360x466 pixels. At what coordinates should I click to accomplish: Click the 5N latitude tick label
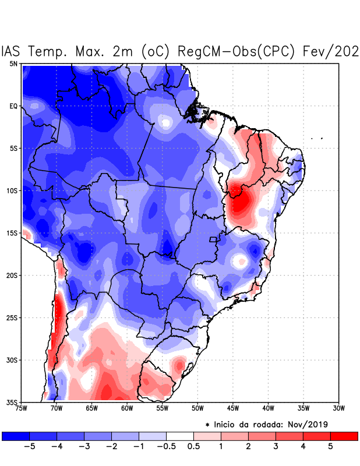(x=13, y=63)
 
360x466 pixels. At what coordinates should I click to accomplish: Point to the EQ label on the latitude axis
(x=13, y=106)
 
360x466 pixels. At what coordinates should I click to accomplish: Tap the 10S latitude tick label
(x=12, y=190)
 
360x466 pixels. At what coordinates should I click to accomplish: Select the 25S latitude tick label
(x=12, y=317)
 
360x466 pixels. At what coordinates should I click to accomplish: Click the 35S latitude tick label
(x=12, y=402)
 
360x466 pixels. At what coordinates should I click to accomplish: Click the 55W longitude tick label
(x=162, y=408)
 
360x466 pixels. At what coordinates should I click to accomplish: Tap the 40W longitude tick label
(x=268, y=408)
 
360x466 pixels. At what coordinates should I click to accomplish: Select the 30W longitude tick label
(x=338, y=408)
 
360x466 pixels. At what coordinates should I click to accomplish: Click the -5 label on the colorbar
(x=27, y=447)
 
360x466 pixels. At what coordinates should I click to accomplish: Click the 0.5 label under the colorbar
(x=193, y=447)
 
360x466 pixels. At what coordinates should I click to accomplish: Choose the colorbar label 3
(x=276, y=447)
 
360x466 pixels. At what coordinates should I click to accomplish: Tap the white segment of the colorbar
(x=180, y=436)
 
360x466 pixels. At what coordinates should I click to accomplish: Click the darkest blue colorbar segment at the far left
(x=16, y=436)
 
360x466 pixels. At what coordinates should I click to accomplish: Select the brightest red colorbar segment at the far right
(x=344, y=436)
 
